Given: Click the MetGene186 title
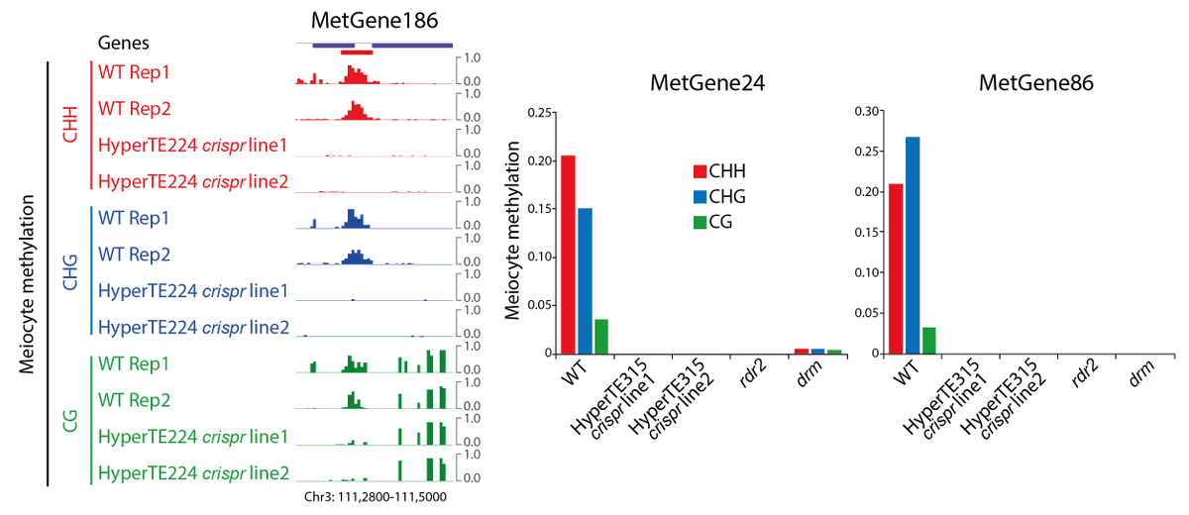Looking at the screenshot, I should pos(374,20).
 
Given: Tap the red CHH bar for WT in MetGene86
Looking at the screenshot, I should pos(897,268).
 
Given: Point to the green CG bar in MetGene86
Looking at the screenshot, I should pos(929,340).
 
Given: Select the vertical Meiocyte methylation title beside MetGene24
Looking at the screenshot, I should pos(513,230).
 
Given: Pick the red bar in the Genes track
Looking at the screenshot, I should pos(356,51).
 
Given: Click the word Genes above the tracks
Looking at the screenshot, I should pos(123,44).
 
